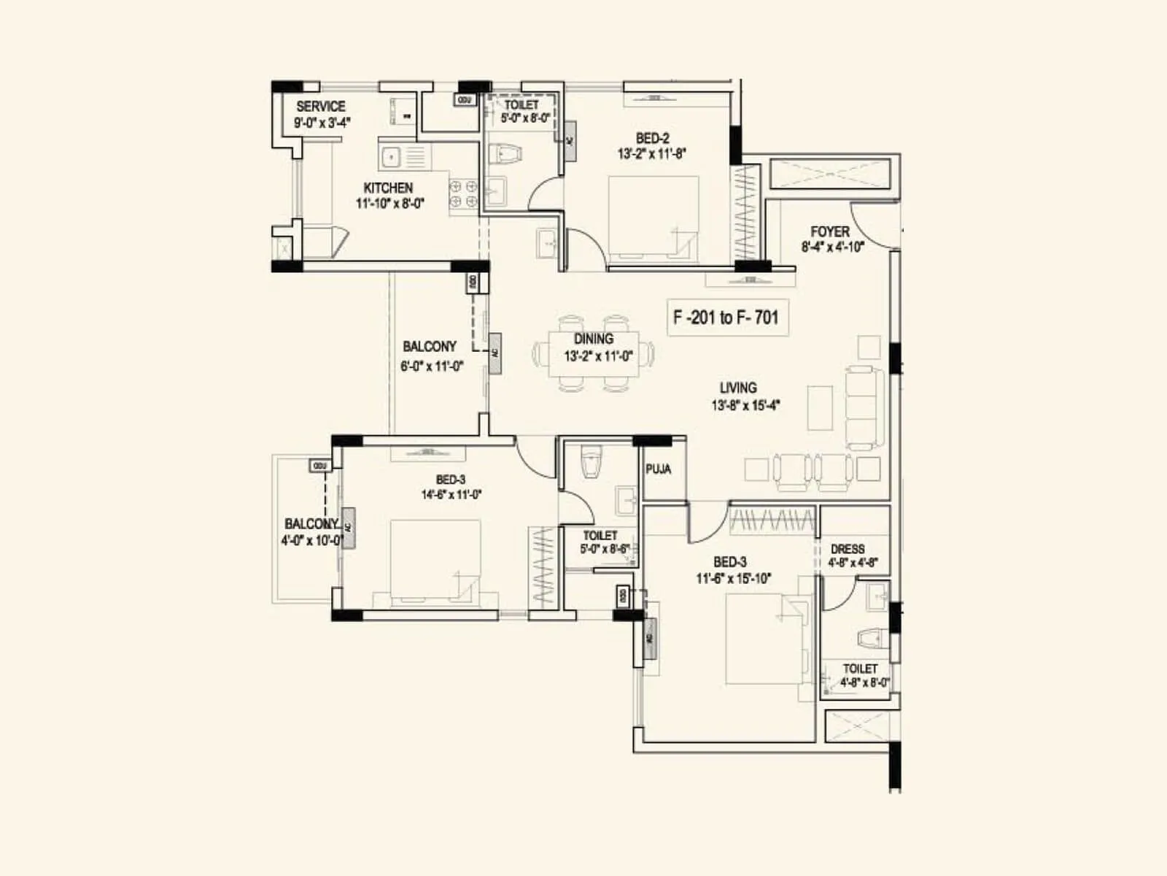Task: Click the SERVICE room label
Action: point(321,106)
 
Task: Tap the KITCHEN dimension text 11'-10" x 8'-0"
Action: point(389,204)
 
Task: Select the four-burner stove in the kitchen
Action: point(463,193)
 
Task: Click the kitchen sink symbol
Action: point(391,156)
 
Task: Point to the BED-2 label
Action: point(652,138)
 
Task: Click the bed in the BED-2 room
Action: point(654,218)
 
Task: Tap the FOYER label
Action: point(830,231)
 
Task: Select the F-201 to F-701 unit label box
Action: point(726,318)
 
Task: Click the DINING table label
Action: point(593,339)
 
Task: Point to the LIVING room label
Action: point(738,388)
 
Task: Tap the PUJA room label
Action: point(658,469)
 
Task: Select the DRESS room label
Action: point(848,549)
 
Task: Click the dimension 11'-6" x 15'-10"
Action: point(733,578)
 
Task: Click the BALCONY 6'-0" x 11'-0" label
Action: point(430,347)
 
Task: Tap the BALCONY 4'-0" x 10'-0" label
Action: point(311,524)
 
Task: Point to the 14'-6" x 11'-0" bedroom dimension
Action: point(451,494)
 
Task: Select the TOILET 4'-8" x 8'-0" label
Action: point(860,669)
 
